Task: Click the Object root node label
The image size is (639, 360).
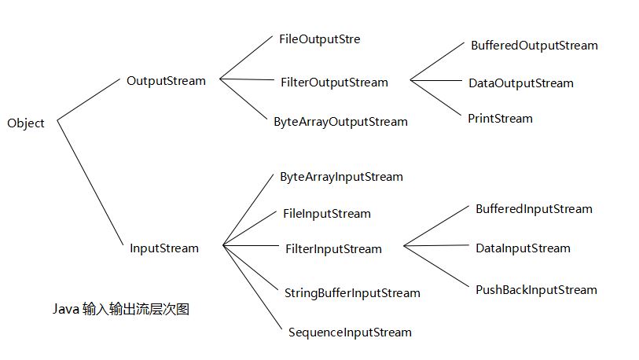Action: (x=26, y=123)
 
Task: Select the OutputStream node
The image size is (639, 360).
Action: (x=166, y=80)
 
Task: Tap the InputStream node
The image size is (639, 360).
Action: (x=164, y=248)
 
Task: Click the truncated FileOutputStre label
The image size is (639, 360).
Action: (x=319, y=39)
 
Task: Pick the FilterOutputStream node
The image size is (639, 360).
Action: (x=334, y=82)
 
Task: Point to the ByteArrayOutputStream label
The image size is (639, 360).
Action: (x=340, y=122)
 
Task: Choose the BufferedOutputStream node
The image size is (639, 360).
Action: (x=534, y=46)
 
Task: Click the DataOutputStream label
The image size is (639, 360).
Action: (x=520, y=83)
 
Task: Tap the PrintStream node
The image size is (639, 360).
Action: (x=500, y=119)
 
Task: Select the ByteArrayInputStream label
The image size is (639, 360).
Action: (x=341, y=177)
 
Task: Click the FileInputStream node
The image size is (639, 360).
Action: (x=326, y=213)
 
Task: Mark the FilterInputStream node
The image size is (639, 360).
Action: (x=333, y=249)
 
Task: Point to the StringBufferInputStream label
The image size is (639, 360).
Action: (x=351, y=293)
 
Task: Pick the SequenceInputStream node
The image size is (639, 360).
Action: (x=350, y=332)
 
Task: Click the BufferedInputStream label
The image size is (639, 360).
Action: (x=534, y=209)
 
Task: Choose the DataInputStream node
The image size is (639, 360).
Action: (x=523, y=248)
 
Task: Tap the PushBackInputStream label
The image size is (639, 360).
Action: (x=536, y=290)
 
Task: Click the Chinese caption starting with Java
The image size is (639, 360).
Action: (x=120, y=310)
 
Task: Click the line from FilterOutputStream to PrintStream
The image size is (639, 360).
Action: (x=437, y=98)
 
